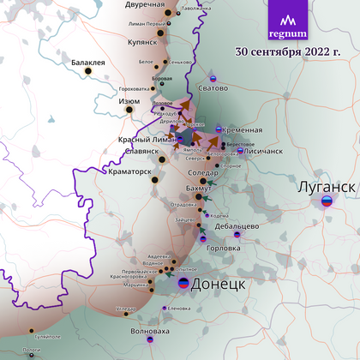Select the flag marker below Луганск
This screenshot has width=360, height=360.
pyautogui.click(x=327, y=202)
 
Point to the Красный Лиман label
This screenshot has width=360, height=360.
pyautogui.click(x=146, y=140)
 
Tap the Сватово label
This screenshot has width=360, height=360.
pyautogui.click(x=214, y=87)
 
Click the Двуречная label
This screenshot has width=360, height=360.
pyautogui.click(x=144, y=5)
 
